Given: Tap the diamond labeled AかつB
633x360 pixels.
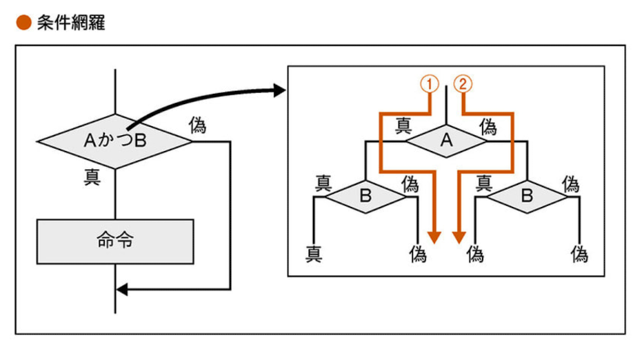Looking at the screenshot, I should point(115,141).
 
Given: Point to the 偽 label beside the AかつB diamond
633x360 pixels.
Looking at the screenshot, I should point(197,125).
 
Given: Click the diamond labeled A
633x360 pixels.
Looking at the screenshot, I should point(446,141).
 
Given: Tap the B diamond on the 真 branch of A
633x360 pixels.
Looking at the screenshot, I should point(365,195).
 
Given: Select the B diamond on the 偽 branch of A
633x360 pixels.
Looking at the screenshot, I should point(527,195).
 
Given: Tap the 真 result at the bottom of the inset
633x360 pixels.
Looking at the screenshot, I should point(314,254).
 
